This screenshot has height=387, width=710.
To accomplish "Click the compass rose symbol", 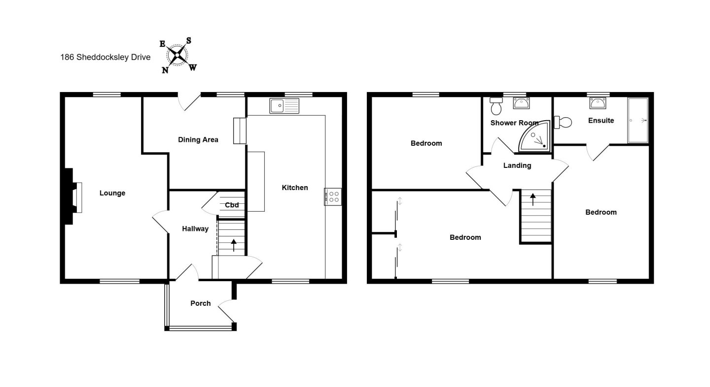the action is click(177, 55).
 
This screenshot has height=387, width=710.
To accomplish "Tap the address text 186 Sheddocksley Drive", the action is click(105, 57).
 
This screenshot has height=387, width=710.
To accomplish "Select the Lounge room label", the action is click(112, 193).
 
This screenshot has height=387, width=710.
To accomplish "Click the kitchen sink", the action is click(284, 106).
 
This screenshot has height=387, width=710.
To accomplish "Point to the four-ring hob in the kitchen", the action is click(333, 197).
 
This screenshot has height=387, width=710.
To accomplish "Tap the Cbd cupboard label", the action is click(232, 205).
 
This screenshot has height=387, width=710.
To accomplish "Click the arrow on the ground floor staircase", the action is click(234, 245).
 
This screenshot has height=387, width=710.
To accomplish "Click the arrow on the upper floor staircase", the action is click(533, 199).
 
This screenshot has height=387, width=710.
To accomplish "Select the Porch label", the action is click(200, 303).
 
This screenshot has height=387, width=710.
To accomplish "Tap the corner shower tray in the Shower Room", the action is click(535, 137).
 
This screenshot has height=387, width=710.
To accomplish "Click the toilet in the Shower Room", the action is click(496, 106).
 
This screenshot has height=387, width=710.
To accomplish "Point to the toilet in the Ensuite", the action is click(563, 122).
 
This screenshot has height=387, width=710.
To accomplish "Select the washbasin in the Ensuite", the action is click(598, 103).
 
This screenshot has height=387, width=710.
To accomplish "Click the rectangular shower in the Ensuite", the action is click(638, 120).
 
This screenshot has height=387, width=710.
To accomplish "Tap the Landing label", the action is click(517, 165).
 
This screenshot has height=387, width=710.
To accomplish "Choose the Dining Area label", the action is click(198, 140).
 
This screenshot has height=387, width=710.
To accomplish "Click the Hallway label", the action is click(195, 229).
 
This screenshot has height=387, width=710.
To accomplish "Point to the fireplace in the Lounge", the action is click(73, 196).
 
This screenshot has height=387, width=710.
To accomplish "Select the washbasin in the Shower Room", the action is click(522, 103).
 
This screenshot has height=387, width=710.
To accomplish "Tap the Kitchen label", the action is click(295, 188).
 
